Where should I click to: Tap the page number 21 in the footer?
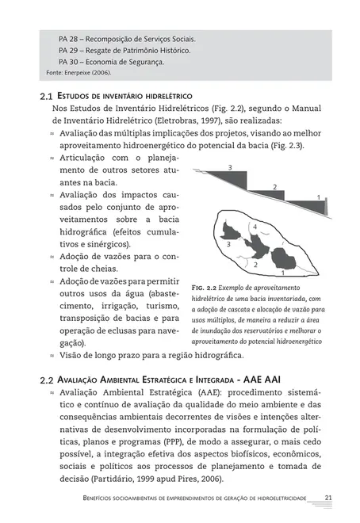click(x=327, y=497)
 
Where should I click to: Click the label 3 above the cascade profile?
click(x=230, y=168)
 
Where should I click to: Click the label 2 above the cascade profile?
click(x=274, y=187)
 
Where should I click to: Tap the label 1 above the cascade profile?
click(x=317, y=197)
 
